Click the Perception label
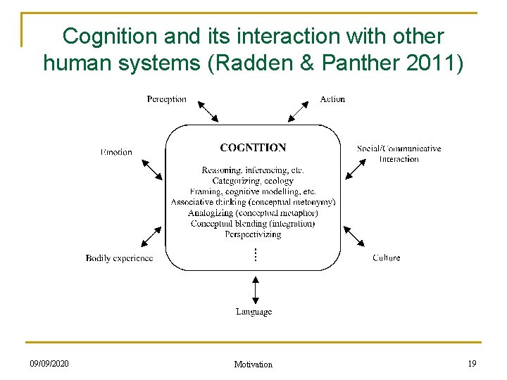click(166, 99)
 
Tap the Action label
click(332, 99)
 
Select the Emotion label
click(116, 152)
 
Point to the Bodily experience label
click(119, 258)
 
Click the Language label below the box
click(254, 312)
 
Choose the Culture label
click(386, 258)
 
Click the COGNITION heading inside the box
click(253, 148)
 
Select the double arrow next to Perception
click(207, 111)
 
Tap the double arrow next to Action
click(298, 111)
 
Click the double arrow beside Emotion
click(151, 169)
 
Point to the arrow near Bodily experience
click(151, 236)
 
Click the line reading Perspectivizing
click(253, 234)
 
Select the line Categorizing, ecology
click(253, 181)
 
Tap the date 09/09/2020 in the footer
click(49, 363)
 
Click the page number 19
click(471, 363)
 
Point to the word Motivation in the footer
click(253, 365)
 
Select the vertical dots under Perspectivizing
click(255, 254)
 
